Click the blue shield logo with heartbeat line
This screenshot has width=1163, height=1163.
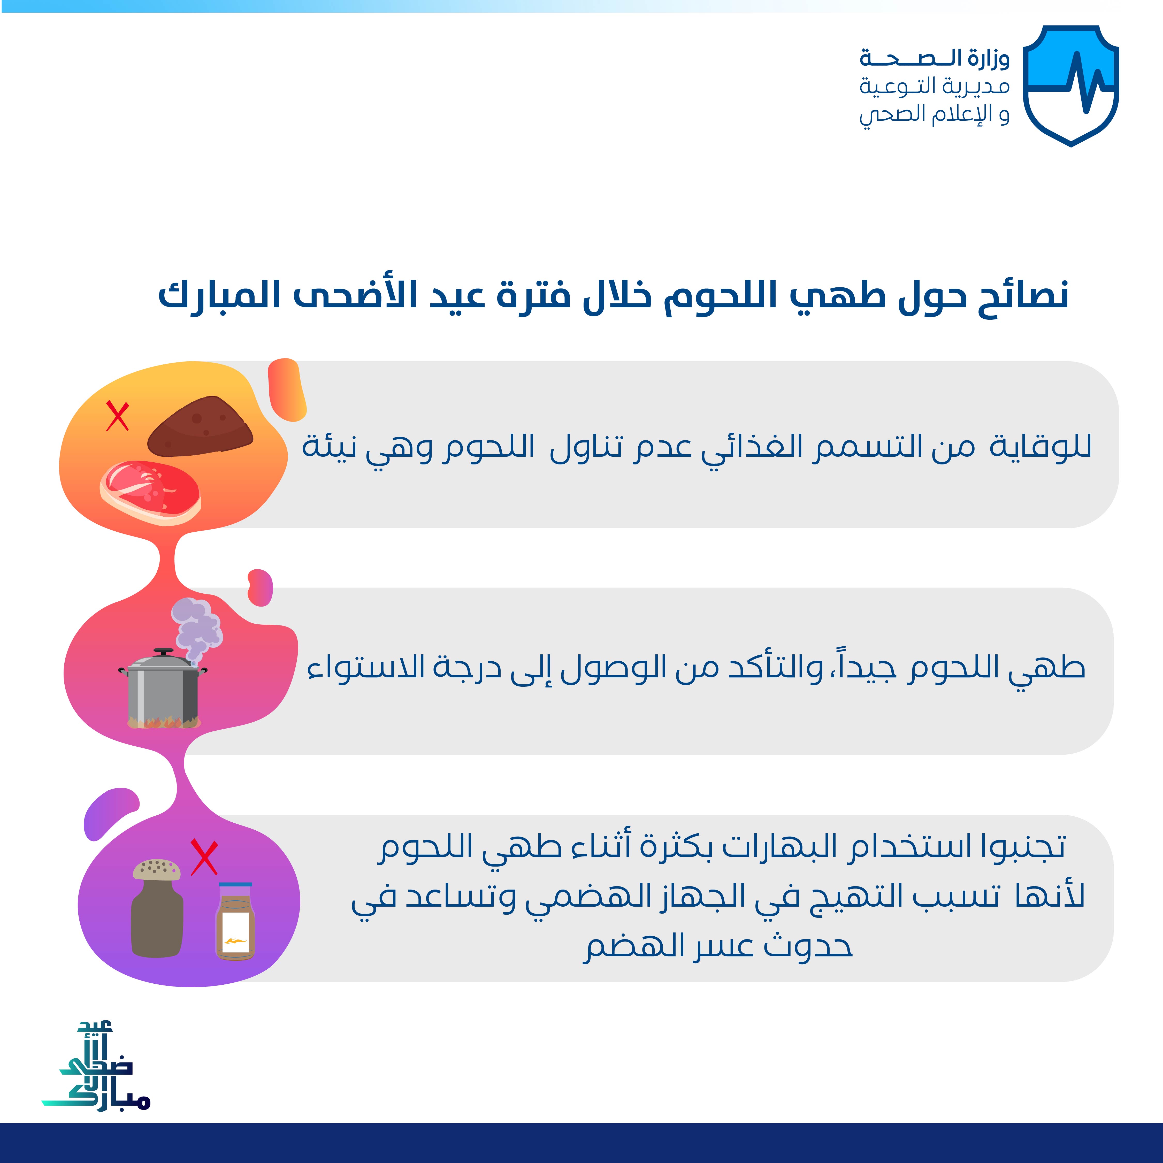[1071, 86]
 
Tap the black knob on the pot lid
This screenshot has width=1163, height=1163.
[163, 651]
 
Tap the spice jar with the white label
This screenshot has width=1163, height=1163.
[235, 921]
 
